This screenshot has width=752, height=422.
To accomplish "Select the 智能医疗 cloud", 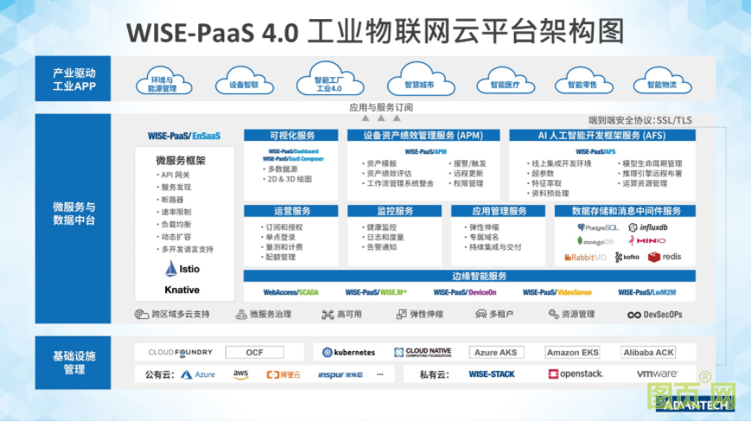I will [x=505, y=84].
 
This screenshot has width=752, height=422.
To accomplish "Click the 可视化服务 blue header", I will [x=292, y=136].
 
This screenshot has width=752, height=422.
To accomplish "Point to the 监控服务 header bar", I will [x=395, y=211].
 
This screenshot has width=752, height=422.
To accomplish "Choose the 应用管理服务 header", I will [x=498, y=211].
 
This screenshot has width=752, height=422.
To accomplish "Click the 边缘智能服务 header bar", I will [x=479, y=276].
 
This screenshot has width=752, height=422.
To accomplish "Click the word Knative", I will [x=182, y=290].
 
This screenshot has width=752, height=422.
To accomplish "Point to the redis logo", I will [x=665, y=257].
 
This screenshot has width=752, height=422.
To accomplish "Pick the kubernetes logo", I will [x=348, y=353].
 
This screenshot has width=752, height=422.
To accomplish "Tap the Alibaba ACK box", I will [x=648, y=353].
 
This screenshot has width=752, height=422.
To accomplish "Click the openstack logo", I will [x=575, y=374].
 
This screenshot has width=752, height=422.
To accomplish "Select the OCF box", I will [x=254, y=353].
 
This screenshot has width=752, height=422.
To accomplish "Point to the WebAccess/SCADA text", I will [x=291, y=292].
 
